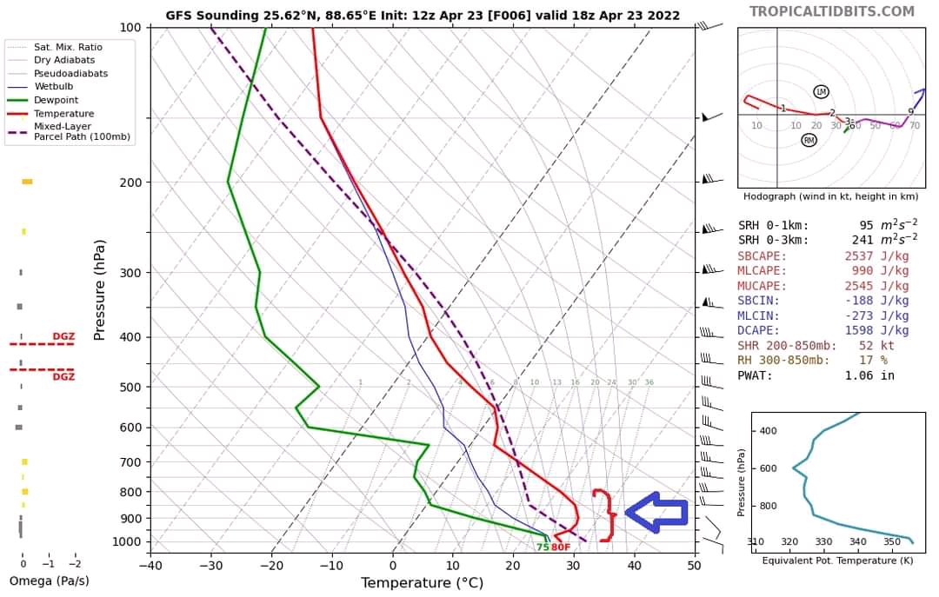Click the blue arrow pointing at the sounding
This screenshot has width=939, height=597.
pos(656,512)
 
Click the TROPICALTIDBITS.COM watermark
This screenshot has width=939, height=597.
pos(832,11)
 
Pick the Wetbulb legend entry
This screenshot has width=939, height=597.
pos(53,87)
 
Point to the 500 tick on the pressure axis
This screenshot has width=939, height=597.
pos(130,387)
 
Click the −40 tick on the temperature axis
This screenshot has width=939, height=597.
pos(150,565)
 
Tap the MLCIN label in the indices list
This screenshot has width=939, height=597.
pos(758,316)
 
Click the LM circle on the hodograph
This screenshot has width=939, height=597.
pos(821,92)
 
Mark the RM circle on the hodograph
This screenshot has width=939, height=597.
pos(809,140)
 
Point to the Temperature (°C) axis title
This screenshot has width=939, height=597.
pos(422,582)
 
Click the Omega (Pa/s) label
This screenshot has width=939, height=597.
pos(49,580)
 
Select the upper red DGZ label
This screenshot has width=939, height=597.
pos(63,336)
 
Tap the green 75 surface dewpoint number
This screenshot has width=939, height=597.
pos(542,547)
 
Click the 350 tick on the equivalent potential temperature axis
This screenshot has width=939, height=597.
pos(892,542)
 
